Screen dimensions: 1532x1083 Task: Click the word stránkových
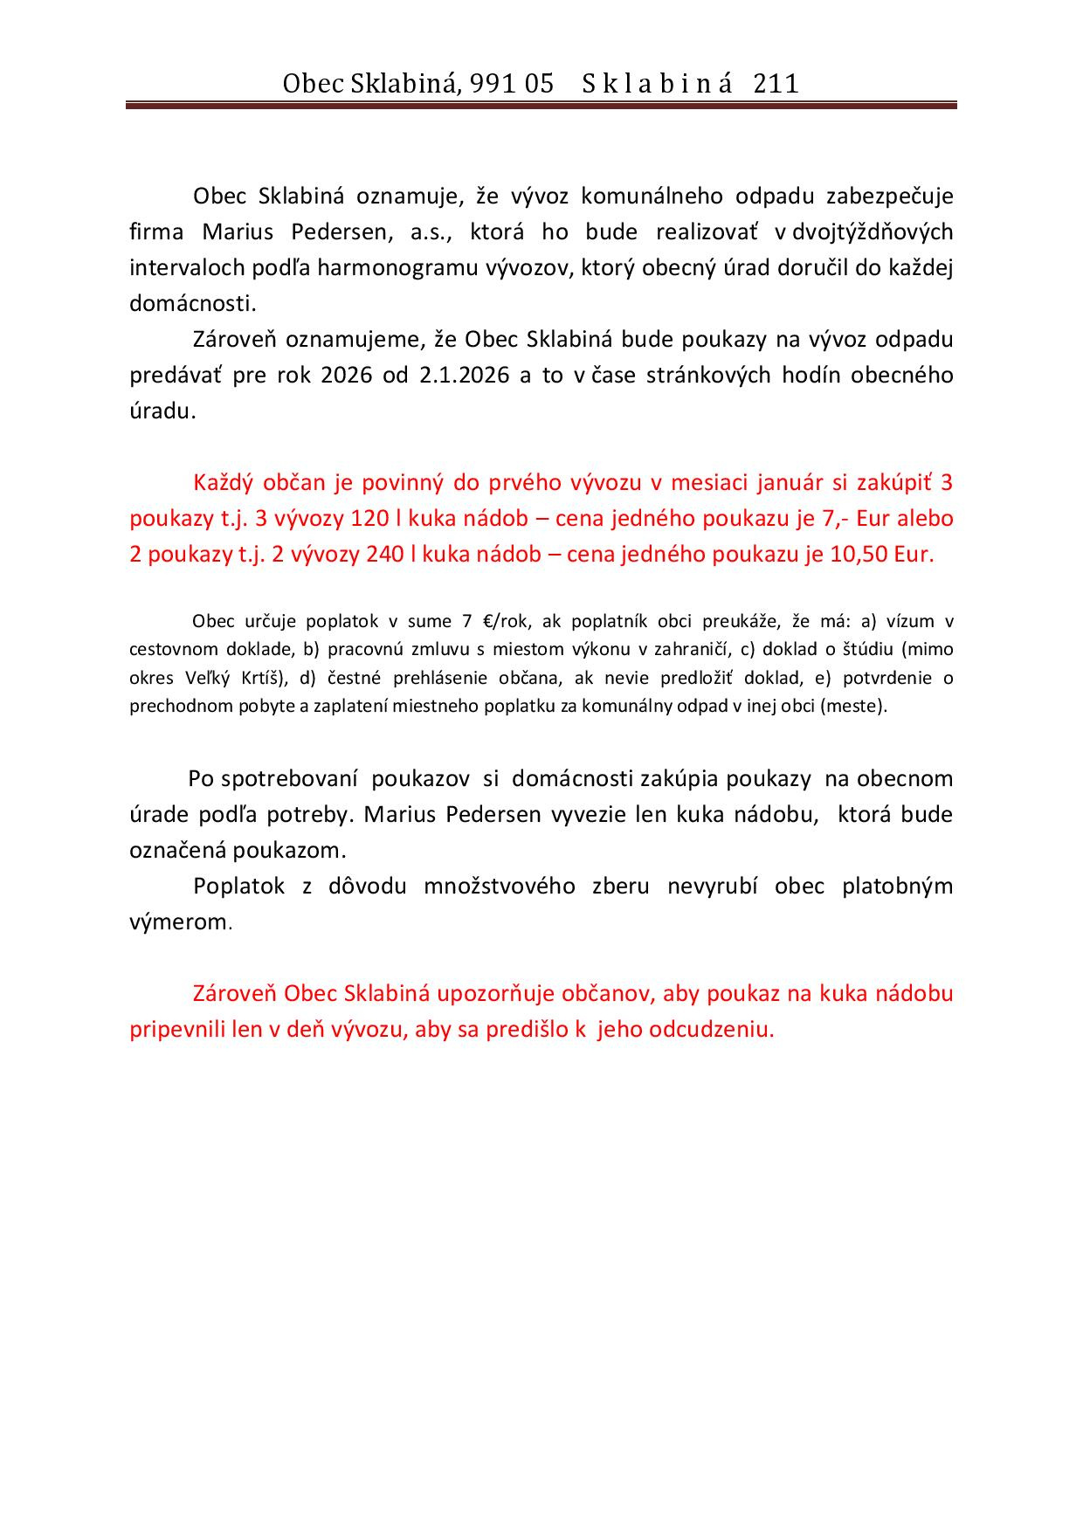708,376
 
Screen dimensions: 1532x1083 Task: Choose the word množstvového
500,887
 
